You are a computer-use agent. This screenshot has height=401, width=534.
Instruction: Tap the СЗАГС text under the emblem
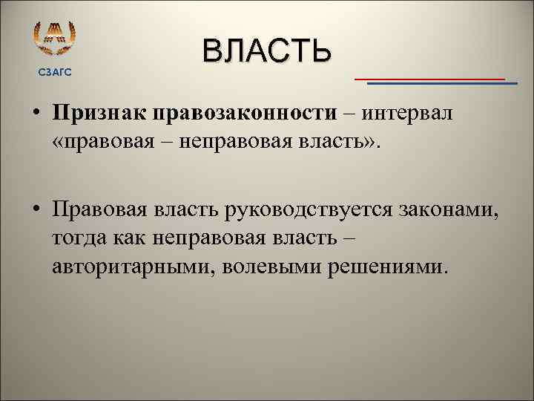(x=55, y=71)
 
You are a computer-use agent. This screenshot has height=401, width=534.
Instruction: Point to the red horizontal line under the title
(x=429, y=78)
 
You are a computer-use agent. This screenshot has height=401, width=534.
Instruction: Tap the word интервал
(x=405, y=113)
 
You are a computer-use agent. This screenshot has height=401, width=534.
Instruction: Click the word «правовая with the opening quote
(x=96, y=141)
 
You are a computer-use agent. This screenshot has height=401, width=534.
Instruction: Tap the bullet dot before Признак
(x=36, y=114)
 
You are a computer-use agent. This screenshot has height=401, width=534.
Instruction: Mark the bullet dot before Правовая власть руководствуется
(x=36, y=211)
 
